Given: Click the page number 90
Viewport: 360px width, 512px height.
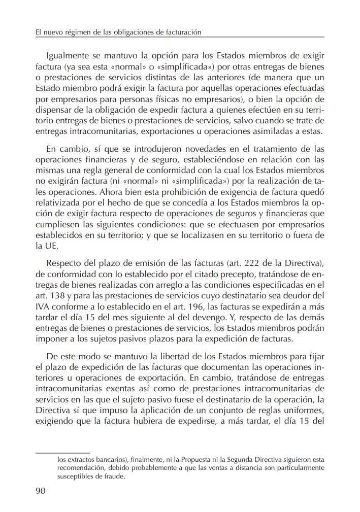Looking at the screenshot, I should pyautogui.click(x=41, y=490).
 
